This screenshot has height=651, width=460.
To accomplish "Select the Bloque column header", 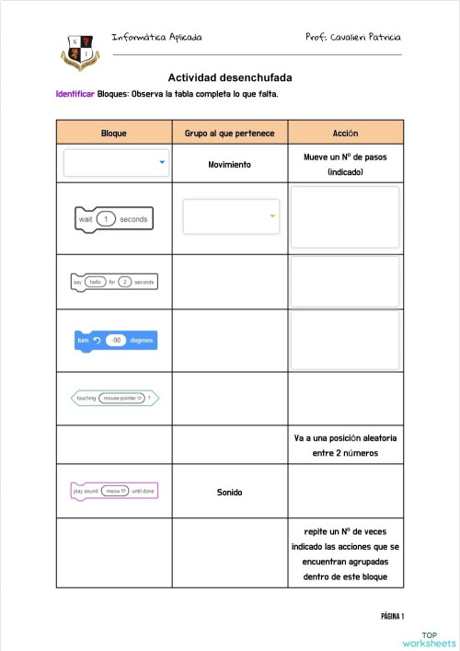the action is tap(114, 133).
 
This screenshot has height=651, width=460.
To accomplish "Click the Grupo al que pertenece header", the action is tap(229, 133).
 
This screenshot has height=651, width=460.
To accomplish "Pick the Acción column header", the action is tap(345, 133).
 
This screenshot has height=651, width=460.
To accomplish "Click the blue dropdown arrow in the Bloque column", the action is tap(162, 163).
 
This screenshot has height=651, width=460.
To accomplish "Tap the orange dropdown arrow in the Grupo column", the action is tap(272, 216).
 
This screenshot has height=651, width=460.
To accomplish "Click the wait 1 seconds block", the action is tap(113, 219).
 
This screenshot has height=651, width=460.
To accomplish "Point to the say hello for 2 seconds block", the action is tap(114, 282).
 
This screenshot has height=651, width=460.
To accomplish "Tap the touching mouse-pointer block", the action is tap(115, 398).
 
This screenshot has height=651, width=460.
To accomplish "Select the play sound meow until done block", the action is tap(114, 491).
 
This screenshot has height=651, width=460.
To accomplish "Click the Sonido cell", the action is tap(230, 492).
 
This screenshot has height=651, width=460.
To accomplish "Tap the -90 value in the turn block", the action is tap(116, 340).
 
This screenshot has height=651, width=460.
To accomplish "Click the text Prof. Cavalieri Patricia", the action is tap(353, 37).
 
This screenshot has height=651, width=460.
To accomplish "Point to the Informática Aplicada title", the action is tap(156, 37).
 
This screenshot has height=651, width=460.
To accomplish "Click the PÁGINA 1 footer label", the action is tap(392, 616).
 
